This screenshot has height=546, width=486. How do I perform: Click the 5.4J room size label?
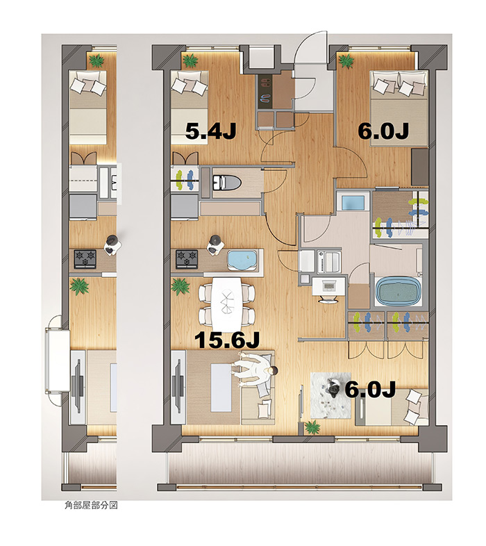tap(210, 131)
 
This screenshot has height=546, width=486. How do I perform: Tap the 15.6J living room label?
tap(227, 340)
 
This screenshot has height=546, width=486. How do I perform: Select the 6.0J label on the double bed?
tap(383, 131)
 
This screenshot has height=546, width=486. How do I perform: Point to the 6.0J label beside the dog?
tap(370, 389)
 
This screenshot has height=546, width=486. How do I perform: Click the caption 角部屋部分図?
tap(91, 505)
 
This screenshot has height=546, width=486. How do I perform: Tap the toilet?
tap(226, 183)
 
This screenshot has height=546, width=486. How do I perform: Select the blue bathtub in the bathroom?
tap(398, 291)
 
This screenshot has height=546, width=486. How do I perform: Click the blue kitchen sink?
tap(242, 259)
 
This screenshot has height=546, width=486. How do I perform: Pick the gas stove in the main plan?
tap(187, 259)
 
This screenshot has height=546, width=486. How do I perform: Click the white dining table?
tap(227, 304)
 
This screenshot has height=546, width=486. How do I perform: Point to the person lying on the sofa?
tap(255, 372)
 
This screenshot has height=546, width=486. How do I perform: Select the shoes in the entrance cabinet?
tap(265, 90)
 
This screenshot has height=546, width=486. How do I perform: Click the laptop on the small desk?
tap(328, 286)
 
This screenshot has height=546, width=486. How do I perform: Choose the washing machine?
tap(328, 262)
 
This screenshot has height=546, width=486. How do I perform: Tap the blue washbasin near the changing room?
tap(353, 202)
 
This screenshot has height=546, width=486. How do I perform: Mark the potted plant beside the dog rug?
tap(312, 427)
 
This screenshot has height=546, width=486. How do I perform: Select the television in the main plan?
tap(179, 386)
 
